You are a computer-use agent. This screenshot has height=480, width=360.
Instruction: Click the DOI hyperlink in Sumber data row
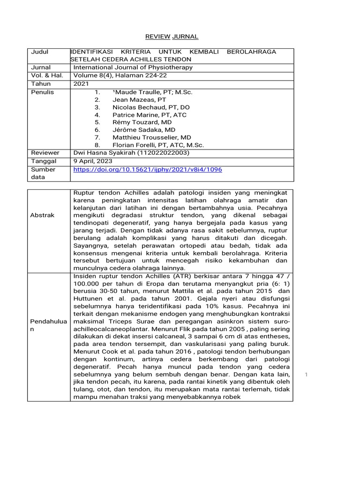tap(148, 169)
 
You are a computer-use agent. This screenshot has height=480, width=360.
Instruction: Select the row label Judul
tap(40, 52)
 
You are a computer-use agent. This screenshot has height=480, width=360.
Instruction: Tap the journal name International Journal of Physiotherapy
tap(133, 67)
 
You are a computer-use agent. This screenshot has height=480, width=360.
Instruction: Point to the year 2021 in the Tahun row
tap(81, 84)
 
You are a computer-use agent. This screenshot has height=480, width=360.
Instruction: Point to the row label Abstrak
tap(43, 215)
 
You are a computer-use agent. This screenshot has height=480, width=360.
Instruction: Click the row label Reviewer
tap(45, 153)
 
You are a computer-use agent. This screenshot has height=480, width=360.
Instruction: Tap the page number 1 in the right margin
tap(306, 375)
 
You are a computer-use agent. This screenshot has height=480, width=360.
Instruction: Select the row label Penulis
tap(42, 92)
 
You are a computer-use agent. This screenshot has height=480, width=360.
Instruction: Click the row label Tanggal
tap(44, 161)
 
